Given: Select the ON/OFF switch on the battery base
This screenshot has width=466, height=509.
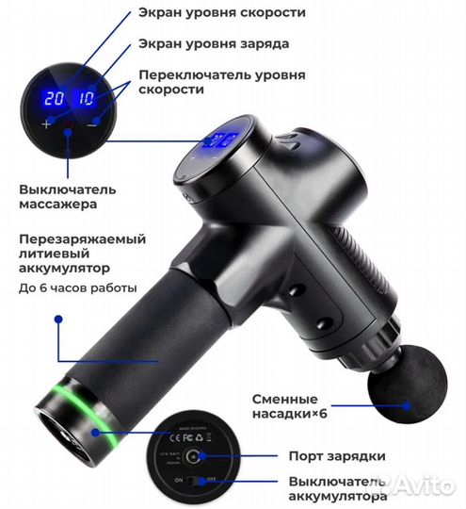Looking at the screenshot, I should click(x=194, y=482).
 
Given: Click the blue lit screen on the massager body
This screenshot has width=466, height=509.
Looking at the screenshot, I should click(x=218, y=142).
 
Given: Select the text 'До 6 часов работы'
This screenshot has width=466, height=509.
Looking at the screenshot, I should click(x=78, y=287).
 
